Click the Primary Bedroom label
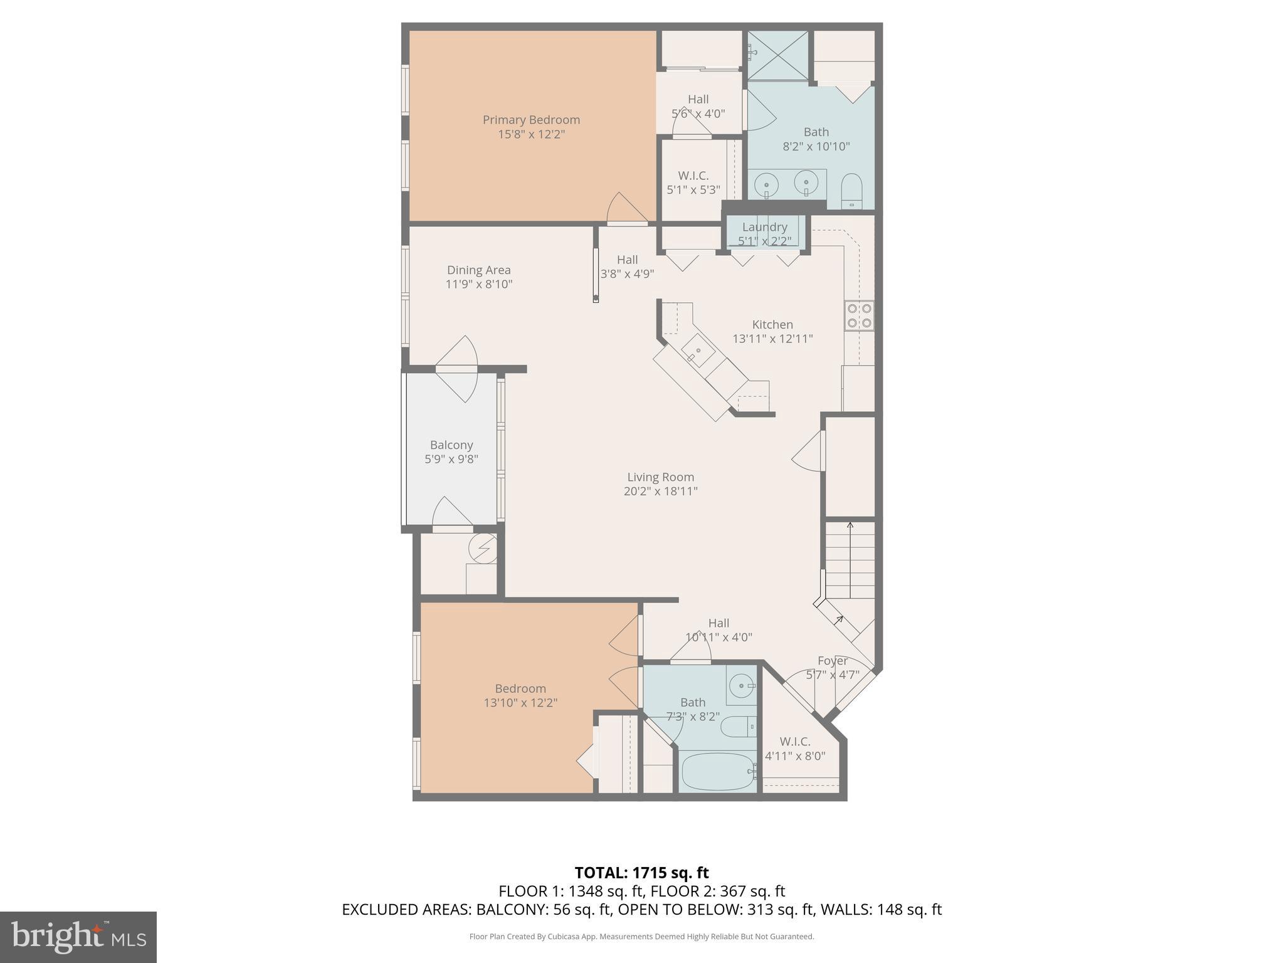(x=531, y=120)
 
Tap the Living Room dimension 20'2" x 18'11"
(x=660, y=492)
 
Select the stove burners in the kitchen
(x=859, y=315)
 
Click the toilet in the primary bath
(x=851, y=191)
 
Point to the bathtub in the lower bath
(x=718, y=772)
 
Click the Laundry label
(x=764, y=227)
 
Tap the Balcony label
(x=451, y=445)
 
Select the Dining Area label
(x=478, y=270)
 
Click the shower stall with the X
(x=778, y=55)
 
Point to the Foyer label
(x=833, y=661)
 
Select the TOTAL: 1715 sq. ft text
(x=641, y=873)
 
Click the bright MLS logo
(x=78, y=937)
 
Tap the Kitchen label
(x=772, y=325)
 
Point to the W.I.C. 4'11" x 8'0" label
(x=795, y=749)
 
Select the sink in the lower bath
(x=743, y=685)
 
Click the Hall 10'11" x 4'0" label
(x=718, y=630)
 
